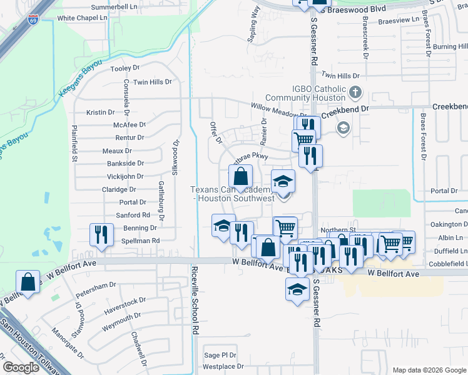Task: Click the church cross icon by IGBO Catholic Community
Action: coord(355,94)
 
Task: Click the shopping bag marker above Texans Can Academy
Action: coord(241,177)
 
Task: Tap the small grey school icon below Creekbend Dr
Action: coord(342,128)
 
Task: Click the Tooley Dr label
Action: coord(125,69)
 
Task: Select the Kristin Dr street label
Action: coord(101,112)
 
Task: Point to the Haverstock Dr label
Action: coord(125,301)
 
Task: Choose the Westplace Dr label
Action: coord(223,366)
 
